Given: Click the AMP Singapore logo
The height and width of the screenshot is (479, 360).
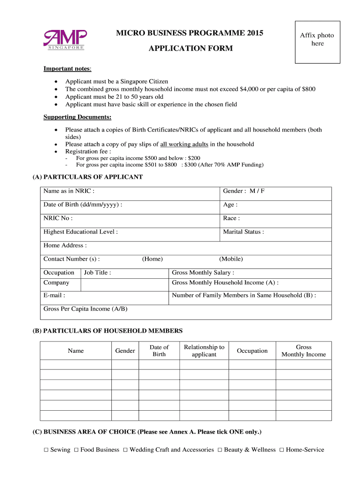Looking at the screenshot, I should click(65, 39).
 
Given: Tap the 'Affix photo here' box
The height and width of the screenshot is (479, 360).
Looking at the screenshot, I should click(317, 42).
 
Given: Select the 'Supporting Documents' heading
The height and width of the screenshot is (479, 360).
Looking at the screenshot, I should click(77, 117).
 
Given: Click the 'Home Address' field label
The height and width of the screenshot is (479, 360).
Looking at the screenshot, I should click(65, 246).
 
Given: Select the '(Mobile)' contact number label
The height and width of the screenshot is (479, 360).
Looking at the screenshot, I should click(231, 259).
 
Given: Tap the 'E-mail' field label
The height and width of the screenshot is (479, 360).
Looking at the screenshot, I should click(54, 296).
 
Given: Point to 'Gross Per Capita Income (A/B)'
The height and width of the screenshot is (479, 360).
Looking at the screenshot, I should click(85, 309).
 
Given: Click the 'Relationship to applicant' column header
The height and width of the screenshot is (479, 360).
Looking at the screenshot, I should click(204, 351).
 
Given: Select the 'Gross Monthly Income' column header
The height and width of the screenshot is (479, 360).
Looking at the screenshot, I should click(303, 351).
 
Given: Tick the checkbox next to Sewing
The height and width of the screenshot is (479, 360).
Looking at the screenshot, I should click(46, 450).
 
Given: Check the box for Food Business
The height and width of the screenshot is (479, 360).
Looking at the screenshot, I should click(76, 450).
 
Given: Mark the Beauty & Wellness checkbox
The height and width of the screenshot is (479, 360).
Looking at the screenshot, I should click(220, 450).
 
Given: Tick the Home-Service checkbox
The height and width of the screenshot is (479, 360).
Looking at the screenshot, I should click(281, 450).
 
